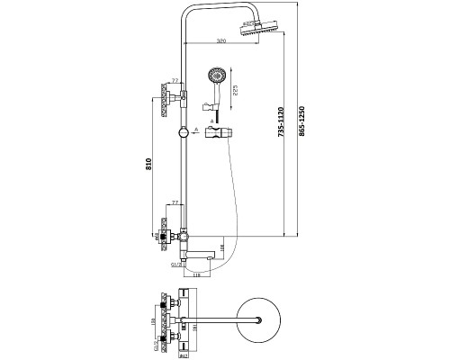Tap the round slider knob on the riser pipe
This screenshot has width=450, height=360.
(x=183, y=130)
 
